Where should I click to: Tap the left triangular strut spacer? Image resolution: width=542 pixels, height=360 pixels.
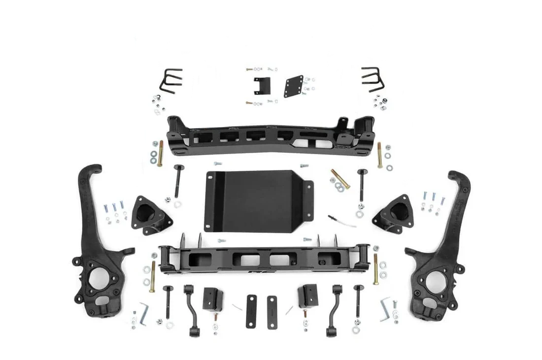click(144, 211)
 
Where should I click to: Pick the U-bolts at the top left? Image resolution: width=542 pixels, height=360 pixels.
click(170, 81)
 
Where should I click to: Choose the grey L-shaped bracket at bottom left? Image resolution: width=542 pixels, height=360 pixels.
click(143, 311)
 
